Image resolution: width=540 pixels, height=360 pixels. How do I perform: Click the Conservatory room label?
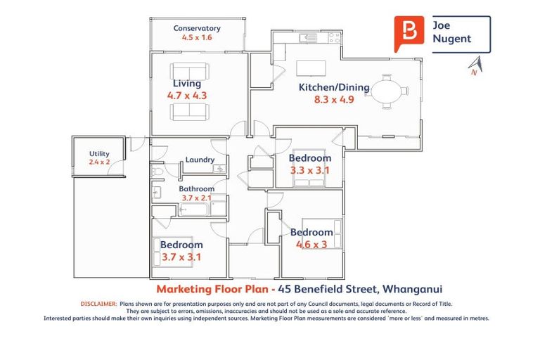coord(197,28)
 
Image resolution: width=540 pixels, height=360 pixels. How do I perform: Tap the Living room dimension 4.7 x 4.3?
coord(186,95)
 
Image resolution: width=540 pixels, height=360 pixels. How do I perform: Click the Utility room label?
coord(99,154)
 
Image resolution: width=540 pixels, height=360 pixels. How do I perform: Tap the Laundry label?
coord(200,160)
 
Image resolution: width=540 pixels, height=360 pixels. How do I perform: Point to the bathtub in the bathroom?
coord(194,210)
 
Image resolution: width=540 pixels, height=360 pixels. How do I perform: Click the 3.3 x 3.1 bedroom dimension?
coord(309,170)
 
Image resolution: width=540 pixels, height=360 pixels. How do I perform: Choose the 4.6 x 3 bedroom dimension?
coord(311,245)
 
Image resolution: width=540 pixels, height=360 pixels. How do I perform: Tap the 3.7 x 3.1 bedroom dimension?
coord(181,257)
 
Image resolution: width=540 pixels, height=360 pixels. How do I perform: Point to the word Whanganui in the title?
coord(411,289)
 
